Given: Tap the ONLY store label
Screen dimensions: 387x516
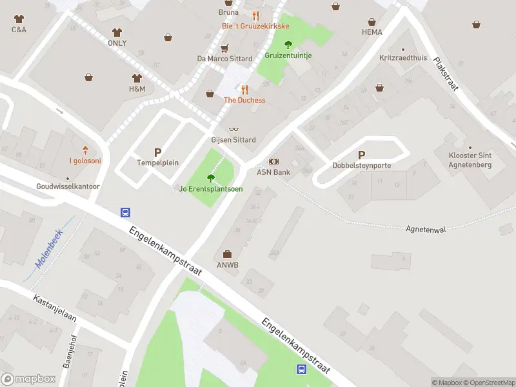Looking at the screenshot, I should (x=117, y=43).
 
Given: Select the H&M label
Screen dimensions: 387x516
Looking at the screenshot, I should (x=136, y=88).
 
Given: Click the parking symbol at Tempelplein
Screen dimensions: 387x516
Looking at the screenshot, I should (x=157, y=152).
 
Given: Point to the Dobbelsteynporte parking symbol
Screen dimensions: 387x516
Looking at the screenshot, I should (x=361, y=155).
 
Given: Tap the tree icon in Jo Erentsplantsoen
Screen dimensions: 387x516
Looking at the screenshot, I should (x=210, y=178).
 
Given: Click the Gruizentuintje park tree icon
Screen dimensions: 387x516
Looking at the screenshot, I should (x=288, y=45).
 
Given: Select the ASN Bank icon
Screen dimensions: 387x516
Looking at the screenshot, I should (x=273, y=161).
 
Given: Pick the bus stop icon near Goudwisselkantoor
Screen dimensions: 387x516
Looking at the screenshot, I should (x=126, y=212).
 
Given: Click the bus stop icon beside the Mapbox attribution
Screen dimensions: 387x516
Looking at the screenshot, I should (x=301, y=369).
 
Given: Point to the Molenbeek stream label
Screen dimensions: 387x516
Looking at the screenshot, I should (x=48, y=250).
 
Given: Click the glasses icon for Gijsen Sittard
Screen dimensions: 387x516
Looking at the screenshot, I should (x=233, y=129).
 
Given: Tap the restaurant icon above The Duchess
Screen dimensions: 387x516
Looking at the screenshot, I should (x=244, y=89).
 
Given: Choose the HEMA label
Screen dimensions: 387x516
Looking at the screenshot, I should (x=372, y=32).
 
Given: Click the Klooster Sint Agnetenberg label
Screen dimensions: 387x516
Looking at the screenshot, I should (x=470, y=160).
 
